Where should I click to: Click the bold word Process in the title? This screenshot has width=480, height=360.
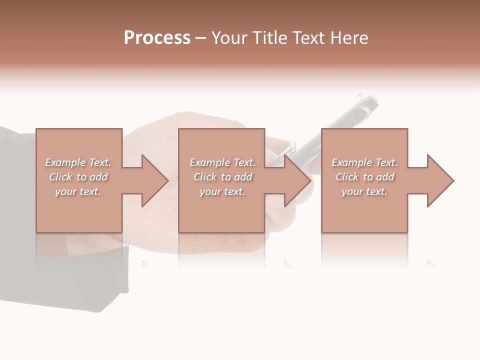pos(157,38)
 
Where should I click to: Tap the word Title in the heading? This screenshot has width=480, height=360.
pos(270,38)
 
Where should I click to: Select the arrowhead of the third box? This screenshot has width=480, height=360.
pos(440,180)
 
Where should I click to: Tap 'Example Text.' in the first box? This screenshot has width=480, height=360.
pos(78,162)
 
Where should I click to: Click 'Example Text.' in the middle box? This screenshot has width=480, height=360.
pos(222,162)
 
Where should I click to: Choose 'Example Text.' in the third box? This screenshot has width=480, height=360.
pos(364,162)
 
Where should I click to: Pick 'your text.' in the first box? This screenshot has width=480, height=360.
pos(78,191)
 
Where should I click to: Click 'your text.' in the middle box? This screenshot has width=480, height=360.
pos(222,191)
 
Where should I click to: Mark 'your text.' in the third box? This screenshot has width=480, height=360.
pos(364,191)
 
